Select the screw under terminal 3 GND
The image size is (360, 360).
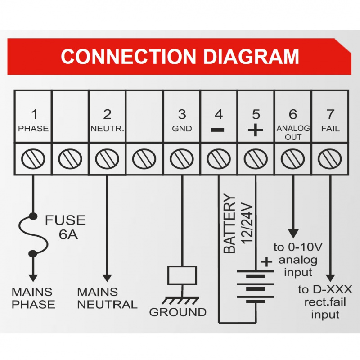point(181,158)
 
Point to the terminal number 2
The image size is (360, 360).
point(107,114)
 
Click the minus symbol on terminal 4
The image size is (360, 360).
point(218,130)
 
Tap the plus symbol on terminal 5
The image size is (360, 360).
point(255,130)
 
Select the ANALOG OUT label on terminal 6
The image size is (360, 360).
point(293,132)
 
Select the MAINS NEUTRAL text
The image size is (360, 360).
point(107,298)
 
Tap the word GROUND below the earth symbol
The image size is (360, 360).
point(178,312)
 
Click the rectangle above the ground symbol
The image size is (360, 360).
point(182,275)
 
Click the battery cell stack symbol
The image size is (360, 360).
point(255,288)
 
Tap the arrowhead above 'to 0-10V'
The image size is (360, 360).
point(293,234)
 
